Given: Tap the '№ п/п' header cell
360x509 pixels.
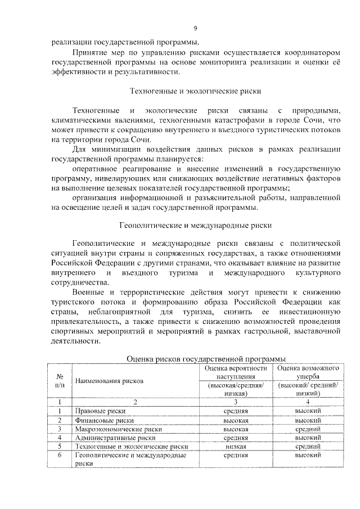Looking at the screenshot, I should [x=59, y=381].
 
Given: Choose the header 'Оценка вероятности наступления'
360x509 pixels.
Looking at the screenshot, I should [x=235, y=372].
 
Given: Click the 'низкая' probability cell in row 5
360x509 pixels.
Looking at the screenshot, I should [x=235, y=446].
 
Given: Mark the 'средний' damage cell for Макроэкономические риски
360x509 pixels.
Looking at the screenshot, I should [x=308, y=429].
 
